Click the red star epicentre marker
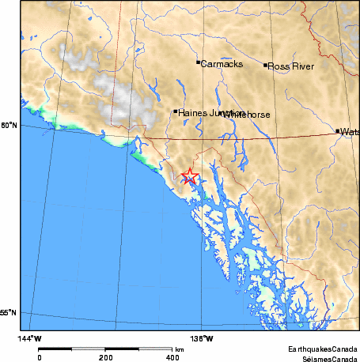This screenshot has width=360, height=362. point(189,176)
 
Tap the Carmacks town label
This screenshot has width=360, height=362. point(221,64)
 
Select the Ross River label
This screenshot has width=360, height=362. point(292,66)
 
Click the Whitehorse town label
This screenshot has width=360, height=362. point(247,115)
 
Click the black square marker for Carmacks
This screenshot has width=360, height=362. point(198,62)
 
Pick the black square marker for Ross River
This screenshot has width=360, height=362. point(266,65)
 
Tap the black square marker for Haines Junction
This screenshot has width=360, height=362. point(176,111)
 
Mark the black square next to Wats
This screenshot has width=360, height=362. point(338,131)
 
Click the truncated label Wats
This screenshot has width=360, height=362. point(350,132)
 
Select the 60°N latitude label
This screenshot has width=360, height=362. point(9,126)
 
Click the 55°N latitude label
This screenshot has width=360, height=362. point(9,314)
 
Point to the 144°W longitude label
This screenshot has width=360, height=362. point(30,338)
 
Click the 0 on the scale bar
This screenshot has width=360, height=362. point(40,357)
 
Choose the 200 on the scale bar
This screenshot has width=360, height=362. point(106,357)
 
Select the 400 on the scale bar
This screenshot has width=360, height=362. point(172,357)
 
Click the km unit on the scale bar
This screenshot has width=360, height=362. point(180,349)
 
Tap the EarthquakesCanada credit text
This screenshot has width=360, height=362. point(324,348)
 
